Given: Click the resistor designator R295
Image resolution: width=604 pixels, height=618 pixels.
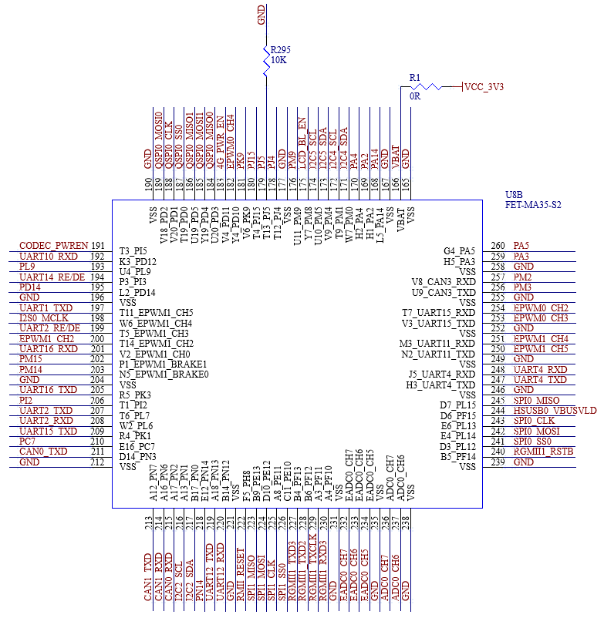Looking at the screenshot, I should [x=282, y=49].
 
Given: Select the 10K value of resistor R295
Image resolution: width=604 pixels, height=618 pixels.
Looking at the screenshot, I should [x=278, y=59].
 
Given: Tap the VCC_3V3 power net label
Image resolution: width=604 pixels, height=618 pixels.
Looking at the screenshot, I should [x=484, y=87].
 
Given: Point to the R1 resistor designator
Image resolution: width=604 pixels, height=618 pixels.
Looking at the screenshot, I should [x=415, y=77].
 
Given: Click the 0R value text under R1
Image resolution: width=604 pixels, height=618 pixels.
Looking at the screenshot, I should [x=415, y=97].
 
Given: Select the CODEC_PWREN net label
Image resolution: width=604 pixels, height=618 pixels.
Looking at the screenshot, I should [x=52, y=246].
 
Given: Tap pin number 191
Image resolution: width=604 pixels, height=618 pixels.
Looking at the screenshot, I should [x=97, y=246].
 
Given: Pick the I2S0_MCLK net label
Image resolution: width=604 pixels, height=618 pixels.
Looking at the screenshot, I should [x=44, y=317].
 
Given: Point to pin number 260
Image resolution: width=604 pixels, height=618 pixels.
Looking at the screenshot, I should [x=498, y=246].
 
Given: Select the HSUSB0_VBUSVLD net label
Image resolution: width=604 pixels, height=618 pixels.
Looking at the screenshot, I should [x=555, y=411].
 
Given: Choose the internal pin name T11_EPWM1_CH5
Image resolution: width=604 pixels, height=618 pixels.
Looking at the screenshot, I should [x=156, y=312].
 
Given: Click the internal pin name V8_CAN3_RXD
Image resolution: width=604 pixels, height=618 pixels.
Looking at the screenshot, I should [x=444, y=282].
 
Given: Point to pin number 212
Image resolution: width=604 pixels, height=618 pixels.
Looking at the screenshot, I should [x=97, y=462].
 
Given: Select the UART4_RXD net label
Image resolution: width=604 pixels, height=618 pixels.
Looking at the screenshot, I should [x=540, y=369].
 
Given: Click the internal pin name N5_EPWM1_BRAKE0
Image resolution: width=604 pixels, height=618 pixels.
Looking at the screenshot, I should [x=164, y=374].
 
